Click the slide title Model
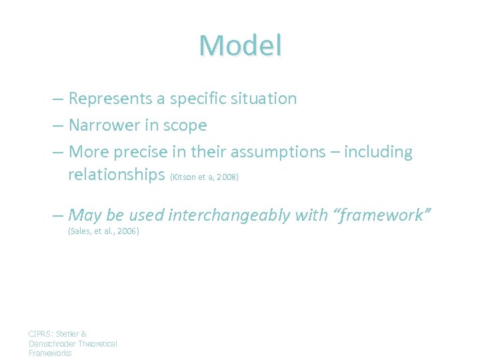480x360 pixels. tap(240, 45)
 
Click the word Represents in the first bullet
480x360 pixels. tap(110, 99)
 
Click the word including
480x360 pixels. tap(381, 152)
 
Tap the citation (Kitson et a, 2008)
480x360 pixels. tap(205, 178)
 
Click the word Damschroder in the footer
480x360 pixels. tap(53, 343)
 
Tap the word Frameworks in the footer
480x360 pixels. tap(50, 353)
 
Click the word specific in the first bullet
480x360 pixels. tap(197, 99)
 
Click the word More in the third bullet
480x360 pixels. tap(87, 152)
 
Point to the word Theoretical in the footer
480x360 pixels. tap(97, 343)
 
